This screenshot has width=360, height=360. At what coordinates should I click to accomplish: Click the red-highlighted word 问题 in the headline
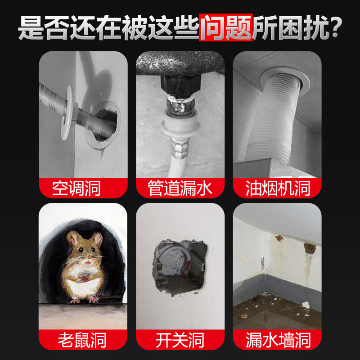click(x=225, y=28)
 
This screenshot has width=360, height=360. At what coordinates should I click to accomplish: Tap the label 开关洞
click(x=180, y=340)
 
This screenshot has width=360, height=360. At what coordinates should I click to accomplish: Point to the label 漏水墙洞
click(x=278, y=340)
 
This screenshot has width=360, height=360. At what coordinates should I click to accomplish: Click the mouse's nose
click(x=89, y=261)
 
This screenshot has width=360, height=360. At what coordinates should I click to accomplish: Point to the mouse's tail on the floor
click(x=110, y=297)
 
